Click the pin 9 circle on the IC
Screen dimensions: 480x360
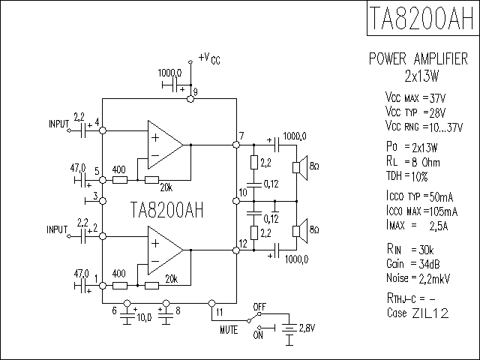pos(190,99)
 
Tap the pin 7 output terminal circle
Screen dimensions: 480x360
pos(236,145)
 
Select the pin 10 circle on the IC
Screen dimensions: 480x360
pos(236,201)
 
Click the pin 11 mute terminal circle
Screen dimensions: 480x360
pos(211,303)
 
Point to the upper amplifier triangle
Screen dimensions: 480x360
pos(166,145)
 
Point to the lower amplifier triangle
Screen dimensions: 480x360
pos(166,250)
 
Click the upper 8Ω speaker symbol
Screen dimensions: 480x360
pos(300,167)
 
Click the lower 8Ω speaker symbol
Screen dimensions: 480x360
pos(300,231)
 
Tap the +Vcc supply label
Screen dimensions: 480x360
pos(209,58)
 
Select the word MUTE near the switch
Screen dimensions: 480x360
pos(229,330)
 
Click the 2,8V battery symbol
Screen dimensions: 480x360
pos(289,328)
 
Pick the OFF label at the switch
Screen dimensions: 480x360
pos(259,307)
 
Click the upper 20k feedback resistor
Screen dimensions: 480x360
pos(151,180)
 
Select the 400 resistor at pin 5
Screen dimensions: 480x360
pos(120,180)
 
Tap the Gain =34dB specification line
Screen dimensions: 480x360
pos(413,263)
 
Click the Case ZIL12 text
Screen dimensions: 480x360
pos(418,313)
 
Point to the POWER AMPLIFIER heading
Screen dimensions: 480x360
pos(418,58)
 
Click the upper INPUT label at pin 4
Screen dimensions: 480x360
pos(58,124)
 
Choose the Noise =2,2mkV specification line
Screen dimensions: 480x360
pos(418,278)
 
